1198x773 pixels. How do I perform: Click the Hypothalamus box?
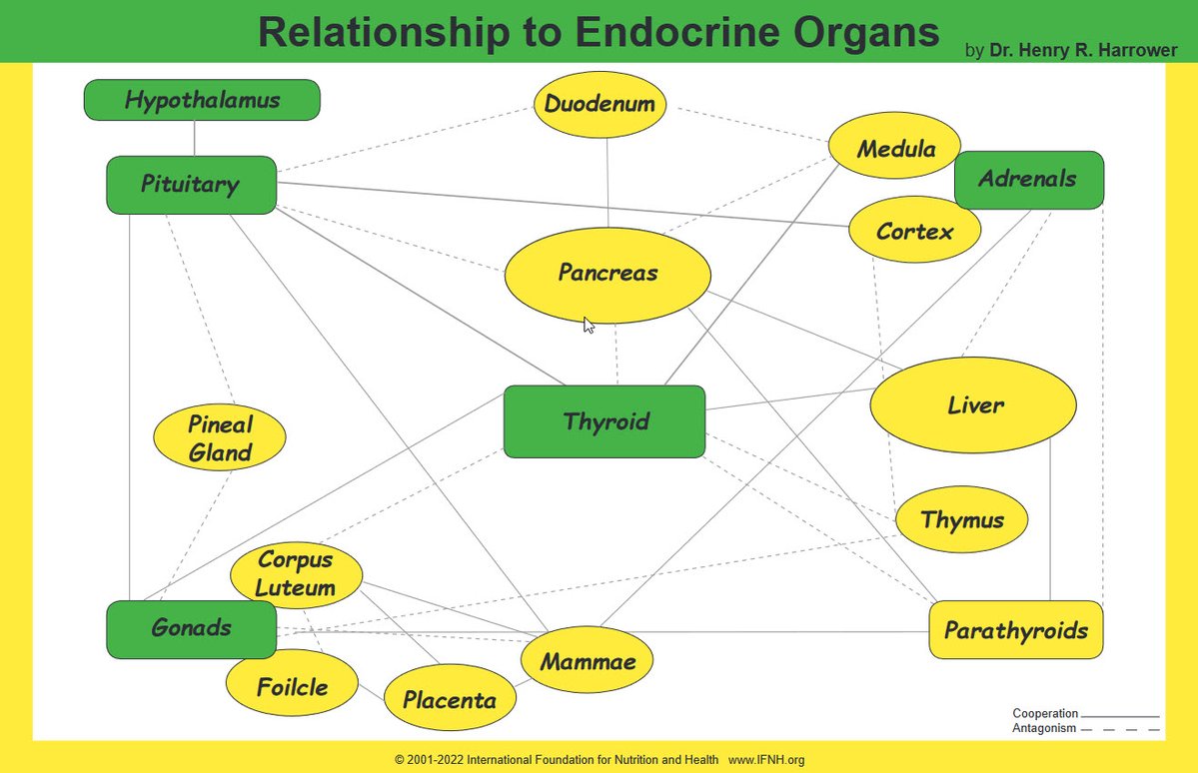click(x=202, y=100)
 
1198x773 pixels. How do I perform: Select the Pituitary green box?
click(x=191, y=185)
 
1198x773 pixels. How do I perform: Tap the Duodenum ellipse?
click(x=599, y=104)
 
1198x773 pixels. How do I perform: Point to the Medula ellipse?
click(x=895, y=150)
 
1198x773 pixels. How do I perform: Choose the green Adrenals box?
click(x=1029, y=180)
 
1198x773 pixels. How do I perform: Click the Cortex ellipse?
click(x=914, y=231)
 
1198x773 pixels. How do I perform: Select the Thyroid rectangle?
click(x=604, y=421)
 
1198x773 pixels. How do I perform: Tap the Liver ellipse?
click(x=973, y=405)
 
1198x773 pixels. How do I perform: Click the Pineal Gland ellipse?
click(x=220, y=438)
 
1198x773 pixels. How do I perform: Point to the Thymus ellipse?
click(x=961, y=519)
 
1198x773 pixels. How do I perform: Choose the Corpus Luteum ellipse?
click(x=296, y=574)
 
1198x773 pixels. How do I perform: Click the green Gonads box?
click(x=191, y=629)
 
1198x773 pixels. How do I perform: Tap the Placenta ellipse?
click(x=450, y=700)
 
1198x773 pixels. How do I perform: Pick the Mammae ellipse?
click(x=587, y=661)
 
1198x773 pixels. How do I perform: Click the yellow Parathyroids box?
click(x=1016, y=630)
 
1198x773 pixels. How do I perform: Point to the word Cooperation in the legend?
click(x=1045, y=714)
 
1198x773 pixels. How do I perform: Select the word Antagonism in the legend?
click(x=1044, y=728)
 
